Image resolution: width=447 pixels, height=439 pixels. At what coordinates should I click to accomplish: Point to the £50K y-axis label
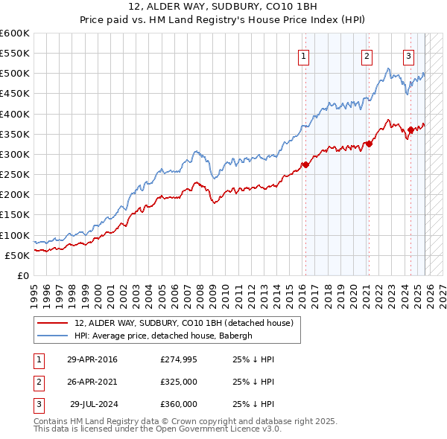(17, 255)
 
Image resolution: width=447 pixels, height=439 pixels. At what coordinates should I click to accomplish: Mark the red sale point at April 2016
(305, 164)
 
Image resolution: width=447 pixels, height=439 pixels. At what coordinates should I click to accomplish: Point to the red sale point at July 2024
(410, 130)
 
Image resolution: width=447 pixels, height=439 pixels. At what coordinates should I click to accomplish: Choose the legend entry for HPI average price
(164, 336)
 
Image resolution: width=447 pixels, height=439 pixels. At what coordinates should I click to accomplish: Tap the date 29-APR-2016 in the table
(92, 359)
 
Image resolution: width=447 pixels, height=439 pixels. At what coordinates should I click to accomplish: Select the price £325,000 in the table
(179, 382)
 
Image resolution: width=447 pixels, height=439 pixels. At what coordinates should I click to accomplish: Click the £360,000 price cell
(179, 404)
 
